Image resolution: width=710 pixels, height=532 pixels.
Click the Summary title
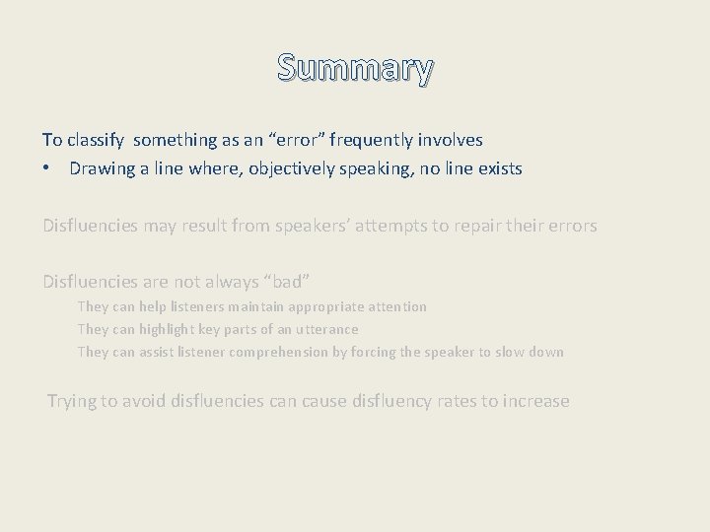[x=355, y=69]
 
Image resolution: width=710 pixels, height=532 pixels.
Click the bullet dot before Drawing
[x=46, y=168]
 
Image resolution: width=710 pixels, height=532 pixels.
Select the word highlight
[x=175, y=330]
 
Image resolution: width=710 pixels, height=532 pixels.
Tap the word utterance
[x=327, y=330]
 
